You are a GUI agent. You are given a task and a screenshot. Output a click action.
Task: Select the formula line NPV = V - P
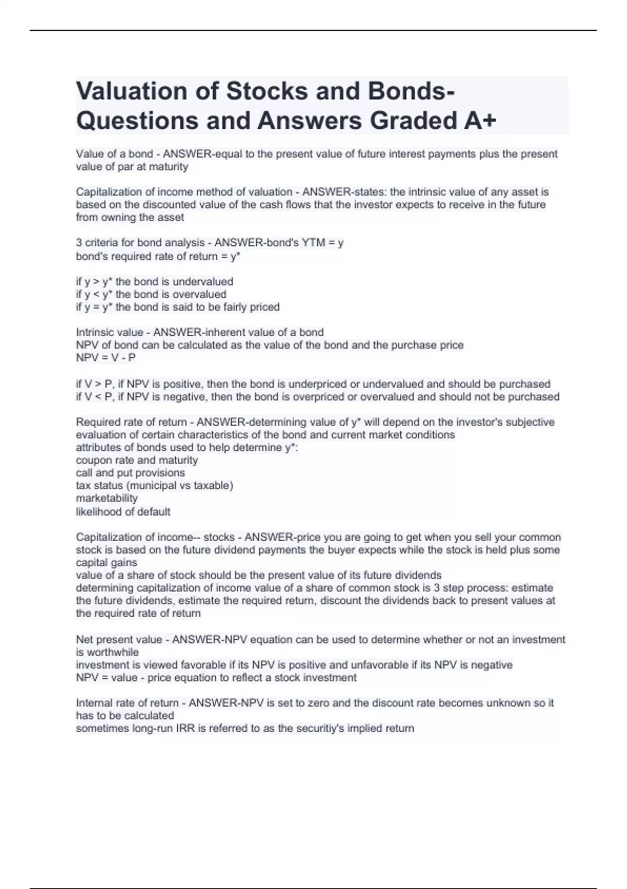point(106,358)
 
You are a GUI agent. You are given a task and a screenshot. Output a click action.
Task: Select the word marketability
point(107,498)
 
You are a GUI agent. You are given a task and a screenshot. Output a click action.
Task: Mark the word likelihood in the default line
point(99,511)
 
